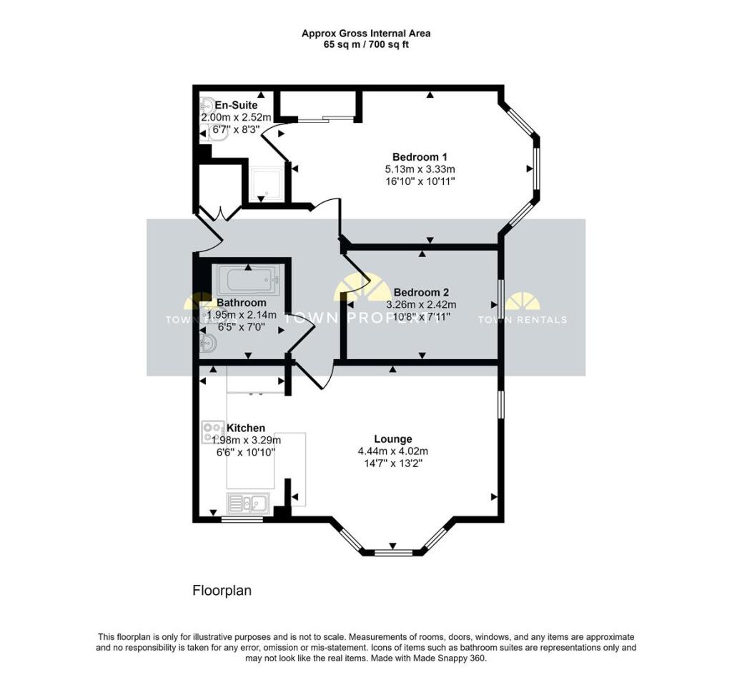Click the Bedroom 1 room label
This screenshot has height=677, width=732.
[x=420, y=157]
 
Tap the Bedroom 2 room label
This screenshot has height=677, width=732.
[x=421, y=292]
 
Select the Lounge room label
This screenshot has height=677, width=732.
[x=392, y=439]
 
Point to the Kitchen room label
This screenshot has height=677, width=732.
[x=245, y=428]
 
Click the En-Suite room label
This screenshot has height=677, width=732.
[x=236, y=106]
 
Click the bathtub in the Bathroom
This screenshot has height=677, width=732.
[x=248, y=279]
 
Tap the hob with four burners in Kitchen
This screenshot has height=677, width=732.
[x=213, y=431]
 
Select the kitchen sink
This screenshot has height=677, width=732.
[x=247, y=503]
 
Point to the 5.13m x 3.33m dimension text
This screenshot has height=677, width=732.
[x=420, y=169]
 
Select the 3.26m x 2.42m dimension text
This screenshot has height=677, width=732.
[x=421, y=304]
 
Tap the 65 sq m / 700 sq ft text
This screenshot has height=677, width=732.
[x=365, y=45]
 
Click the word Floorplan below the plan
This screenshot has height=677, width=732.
[x=222, y=591]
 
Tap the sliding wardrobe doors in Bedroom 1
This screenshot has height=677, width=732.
[x=326, y=119]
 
